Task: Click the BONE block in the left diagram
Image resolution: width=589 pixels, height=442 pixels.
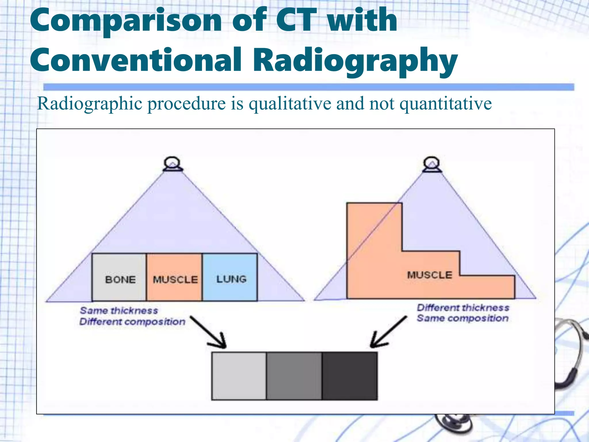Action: point(119,277)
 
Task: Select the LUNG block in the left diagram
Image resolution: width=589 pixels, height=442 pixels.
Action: point(230,277)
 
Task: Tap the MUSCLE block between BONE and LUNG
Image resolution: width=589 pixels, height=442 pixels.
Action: point(174,277)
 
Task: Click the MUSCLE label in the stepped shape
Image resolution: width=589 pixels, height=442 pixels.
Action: point(430,275)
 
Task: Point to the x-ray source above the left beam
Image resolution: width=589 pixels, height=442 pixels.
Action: point(172,164)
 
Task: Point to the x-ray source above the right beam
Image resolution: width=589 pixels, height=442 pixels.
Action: point(432,164)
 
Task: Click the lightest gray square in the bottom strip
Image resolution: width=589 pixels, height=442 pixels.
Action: point(239,376)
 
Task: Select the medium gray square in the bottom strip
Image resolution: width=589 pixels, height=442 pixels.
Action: point(294,376)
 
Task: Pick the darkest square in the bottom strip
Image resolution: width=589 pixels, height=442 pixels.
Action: point(350,376)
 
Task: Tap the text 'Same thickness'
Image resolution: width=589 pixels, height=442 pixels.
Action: point(119,310)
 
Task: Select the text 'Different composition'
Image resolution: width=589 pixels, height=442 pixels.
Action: point(132,321)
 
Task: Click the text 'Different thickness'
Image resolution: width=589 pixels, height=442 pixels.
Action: point(463,308)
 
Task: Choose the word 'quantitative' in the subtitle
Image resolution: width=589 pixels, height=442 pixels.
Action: point(446,104)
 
